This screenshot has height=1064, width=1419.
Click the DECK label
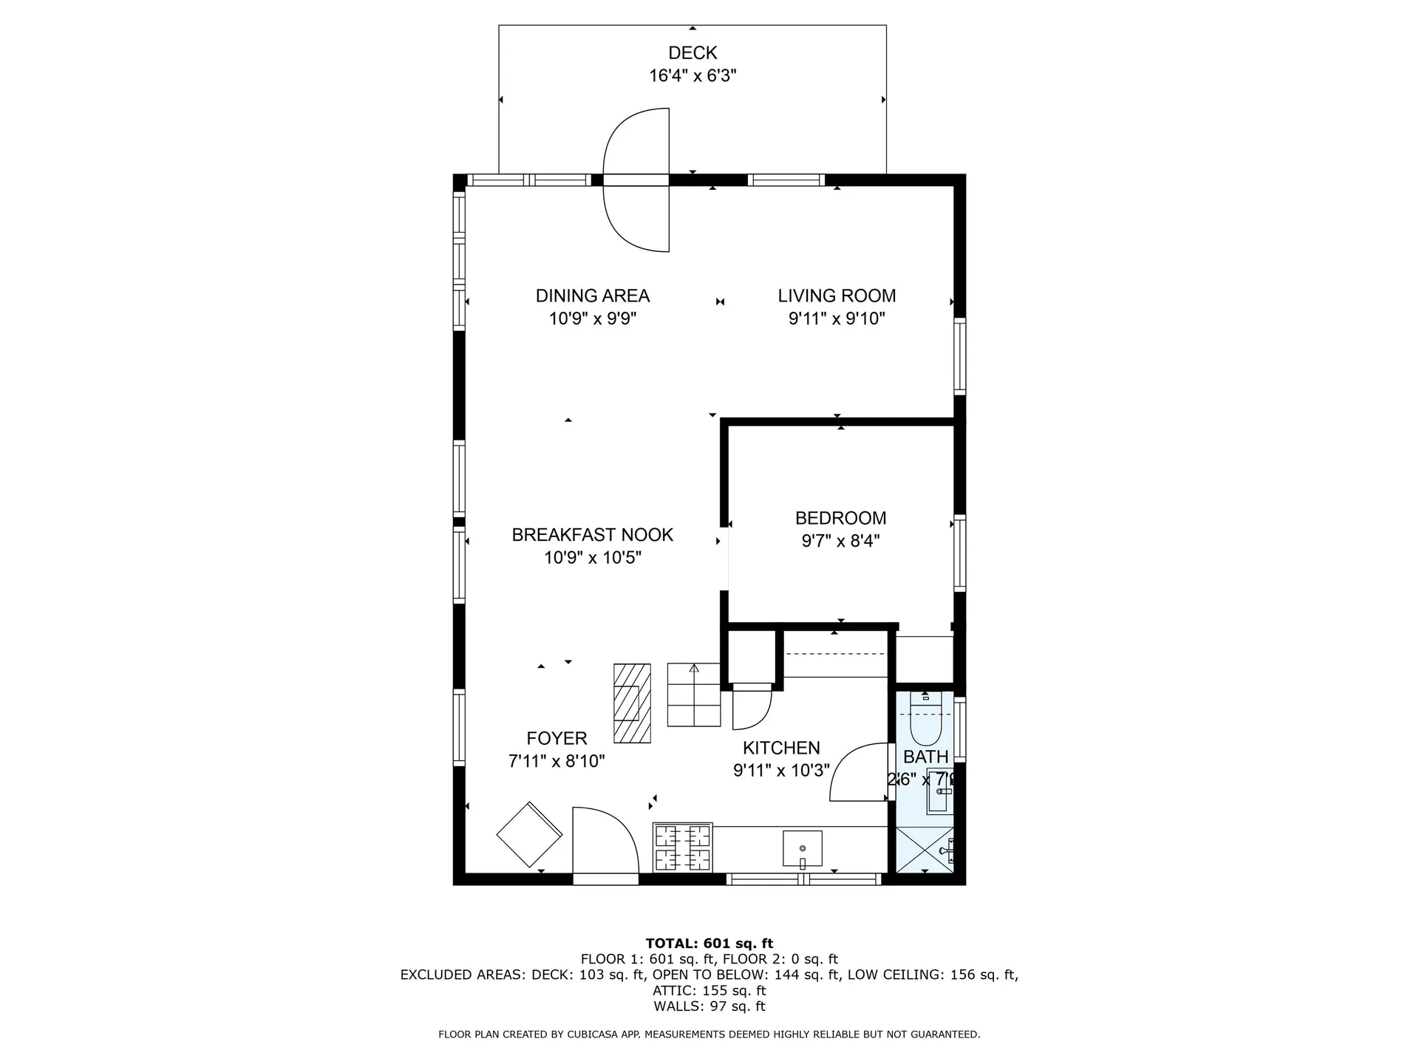pyautogui.click(x=693, y=53)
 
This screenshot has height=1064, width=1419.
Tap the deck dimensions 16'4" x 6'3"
pyautogui.click(x=693, y=76)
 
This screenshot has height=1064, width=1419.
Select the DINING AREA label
pyautogui.click(x=592, y=296)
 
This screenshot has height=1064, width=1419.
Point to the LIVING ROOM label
pyautogui.click(x=837, y=296)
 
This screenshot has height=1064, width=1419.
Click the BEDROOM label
pyautogui.click(x=840, y=519)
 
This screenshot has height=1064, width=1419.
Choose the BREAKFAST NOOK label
pyautogui.click(x=592, y=535)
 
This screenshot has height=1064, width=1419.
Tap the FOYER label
pyautogui.click(x=557, y=738)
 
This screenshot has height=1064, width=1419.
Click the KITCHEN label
pyautogui.click(x=781, y=748)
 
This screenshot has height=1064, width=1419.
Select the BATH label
pyautogui.click(x=925, y=757)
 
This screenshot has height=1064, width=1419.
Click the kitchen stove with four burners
pyautogui.click(x=683, y=847)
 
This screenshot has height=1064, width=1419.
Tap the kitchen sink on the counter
pyautogui.click(x=802, y=848)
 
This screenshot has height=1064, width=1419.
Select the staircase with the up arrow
pyautogui.click(x=693, y=695)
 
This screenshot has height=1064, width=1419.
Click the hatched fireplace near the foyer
pyautogui.click(x=632, y=703)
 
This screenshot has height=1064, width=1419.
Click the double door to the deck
pyautogui.click(x=637, y=180)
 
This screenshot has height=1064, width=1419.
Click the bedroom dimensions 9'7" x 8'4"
pyautogui.click(x=840, y=542)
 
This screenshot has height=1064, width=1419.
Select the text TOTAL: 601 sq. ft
pyautogui.click(x=709, y=944)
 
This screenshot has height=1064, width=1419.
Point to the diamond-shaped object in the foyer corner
pyautogui.click(x=529, y=834)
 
